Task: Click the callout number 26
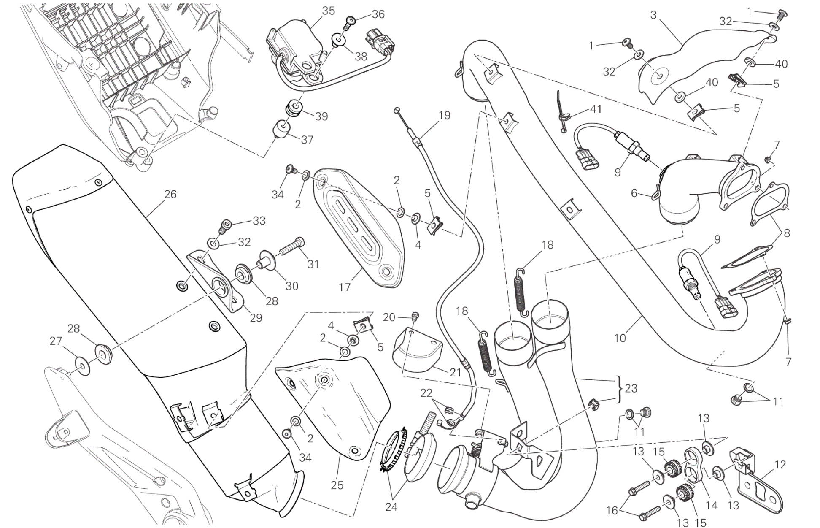(x=170, y=195)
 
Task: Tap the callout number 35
(x=328, y=11)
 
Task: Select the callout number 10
(x=620, y=338)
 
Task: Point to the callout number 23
(x=631, y=388)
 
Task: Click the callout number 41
(x=596, y=109)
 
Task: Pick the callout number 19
(x=445, y=115)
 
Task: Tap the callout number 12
(x=780, y=465)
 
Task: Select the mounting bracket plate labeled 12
(x=755, y=479)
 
